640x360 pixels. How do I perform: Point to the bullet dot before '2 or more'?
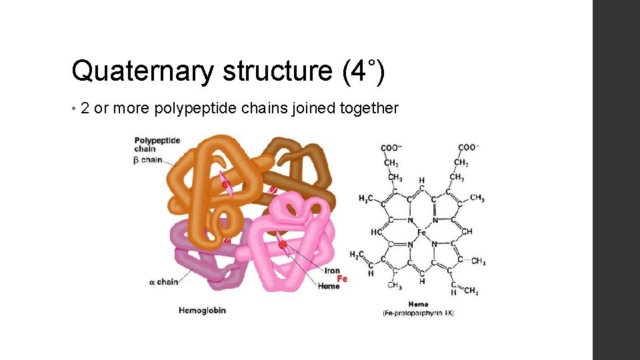coord(74,109)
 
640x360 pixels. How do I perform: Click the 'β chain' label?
coord(147,160)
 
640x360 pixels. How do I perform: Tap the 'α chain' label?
coord(163,282)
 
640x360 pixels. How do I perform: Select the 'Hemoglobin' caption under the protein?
coord(202,310)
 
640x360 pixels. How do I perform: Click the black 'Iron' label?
coord(332,271)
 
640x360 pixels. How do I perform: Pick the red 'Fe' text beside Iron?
coord(342,279)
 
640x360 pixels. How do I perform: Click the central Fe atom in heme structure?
coord(421,233)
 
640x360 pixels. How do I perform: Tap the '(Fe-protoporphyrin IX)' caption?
coord(418,313)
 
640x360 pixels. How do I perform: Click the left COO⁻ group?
coord(391,147)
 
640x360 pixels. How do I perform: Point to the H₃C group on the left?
coord(366,199)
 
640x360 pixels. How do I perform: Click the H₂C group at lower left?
coord(358,255)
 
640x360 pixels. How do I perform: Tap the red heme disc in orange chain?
coord(227,183)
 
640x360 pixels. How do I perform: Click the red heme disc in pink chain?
coord(283,245)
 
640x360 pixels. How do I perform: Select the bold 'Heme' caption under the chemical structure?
coord(418,305)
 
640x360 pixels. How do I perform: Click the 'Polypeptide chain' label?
coord(157,145)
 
